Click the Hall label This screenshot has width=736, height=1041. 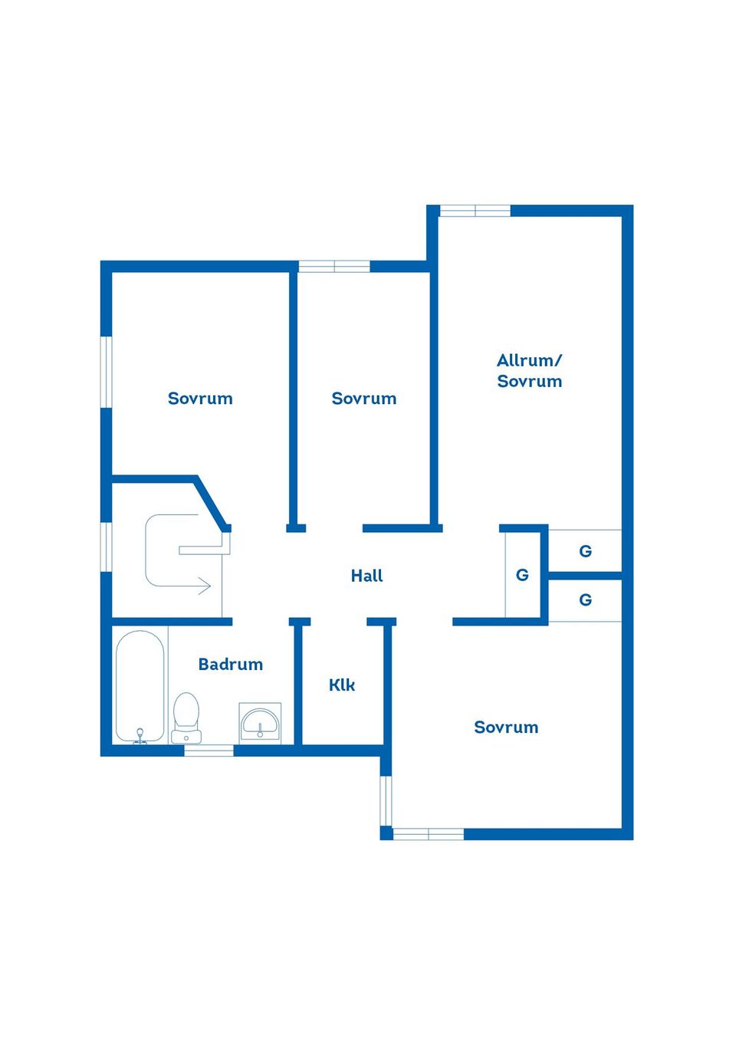tap(366, 576)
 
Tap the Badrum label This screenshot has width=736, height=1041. tap(230, 665)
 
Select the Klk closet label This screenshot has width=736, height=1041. tap(342, 685)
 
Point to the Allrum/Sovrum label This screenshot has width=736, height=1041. tap(529, 371)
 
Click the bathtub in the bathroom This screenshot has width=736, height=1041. tap(140, 687)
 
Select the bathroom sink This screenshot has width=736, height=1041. tap(260, 722)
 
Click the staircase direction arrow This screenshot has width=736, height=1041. tap(203, 586)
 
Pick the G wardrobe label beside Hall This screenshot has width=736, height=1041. tap(522, 575)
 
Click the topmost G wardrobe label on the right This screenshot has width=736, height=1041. tap(585, 551)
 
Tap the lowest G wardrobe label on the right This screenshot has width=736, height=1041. tap(585, 600)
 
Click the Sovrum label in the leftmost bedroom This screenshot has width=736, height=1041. tap(200, 399)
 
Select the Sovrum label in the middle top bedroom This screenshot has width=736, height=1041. tap(364, 399)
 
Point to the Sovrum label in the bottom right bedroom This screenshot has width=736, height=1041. tap(506, 727)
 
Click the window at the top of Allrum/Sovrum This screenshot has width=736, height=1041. tap(475, 211)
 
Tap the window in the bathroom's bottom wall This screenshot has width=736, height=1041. tap(209, 750)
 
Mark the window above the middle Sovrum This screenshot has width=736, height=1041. tap(334, 267)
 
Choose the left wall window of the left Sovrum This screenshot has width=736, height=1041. tap(107, 372)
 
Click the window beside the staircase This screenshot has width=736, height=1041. tap(107, 547)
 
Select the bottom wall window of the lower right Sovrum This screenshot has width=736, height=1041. tap(428, 834)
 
